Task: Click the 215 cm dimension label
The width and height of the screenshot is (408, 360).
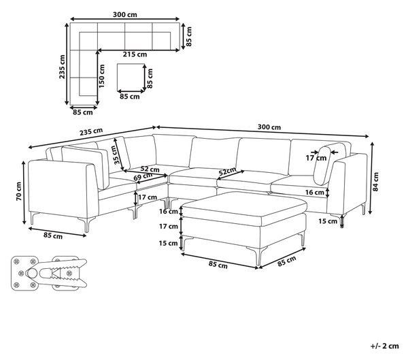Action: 135,54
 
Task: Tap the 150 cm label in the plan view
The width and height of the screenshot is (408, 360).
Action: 101,76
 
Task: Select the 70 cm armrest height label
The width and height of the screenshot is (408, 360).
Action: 19,191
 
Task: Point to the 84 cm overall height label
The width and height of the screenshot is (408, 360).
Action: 376,182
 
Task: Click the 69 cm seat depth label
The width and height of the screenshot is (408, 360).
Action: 143,177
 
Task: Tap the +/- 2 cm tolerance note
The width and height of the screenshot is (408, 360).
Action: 385,346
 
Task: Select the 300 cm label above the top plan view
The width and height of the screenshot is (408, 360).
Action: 125,14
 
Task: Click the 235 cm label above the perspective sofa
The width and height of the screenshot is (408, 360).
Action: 91,131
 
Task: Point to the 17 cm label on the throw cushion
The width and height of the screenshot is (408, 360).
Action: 316,158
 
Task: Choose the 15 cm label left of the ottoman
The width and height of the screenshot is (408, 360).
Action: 169,243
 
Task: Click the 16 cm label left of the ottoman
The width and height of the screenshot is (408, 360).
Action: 169,211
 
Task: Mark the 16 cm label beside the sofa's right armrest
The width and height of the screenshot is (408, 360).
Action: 315,192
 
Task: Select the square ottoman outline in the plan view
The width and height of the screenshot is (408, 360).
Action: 131,78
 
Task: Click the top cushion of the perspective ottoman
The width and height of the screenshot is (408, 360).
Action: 244,205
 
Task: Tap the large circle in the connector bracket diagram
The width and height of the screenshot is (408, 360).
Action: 32,273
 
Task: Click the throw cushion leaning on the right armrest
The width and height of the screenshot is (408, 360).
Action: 322,165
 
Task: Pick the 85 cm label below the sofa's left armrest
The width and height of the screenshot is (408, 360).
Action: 53,235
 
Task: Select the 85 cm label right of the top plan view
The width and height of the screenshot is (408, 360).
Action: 189,36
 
